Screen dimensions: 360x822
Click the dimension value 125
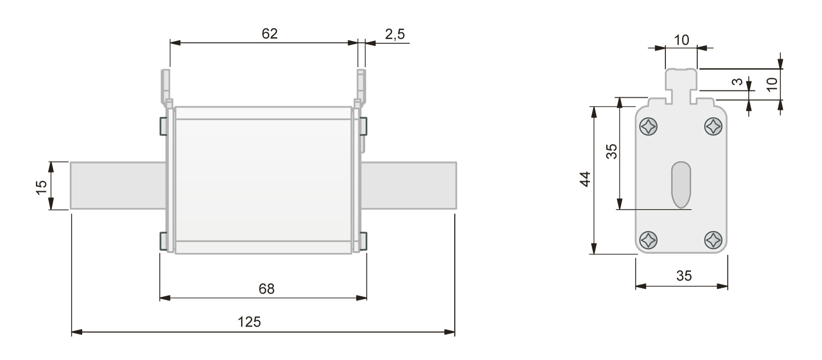(249, 321)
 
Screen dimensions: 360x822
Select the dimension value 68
(266, 289)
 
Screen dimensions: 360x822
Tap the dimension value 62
(270, 33)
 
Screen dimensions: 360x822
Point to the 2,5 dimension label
(395, 34)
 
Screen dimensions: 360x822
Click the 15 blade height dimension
(41, 187)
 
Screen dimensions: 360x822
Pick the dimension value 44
(585, 179)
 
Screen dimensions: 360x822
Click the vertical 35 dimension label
(612, 151)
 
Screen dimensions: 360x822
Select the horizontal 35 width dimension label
(684, 276)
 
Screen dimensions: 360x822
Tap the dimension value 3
(737, 81)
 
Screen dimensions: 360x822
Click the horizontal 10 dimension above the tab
(682, 40)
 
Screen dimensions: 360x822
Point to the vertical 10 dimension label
(771, 84)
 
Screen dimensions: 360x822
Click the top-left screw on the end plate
(648, 127)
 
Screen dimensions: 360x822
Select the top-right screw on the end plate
(713, 127)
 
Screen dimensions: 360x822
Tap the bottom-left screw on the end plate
(648, 240)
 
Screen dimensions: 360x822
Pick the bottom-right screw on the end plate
(713, 240)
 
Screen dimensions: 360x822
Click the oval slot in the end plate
(681, 184)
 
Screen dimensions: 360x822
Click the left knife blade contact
(118, 185)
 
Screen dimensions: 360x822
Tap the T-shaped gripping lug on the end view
(681, 83)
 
